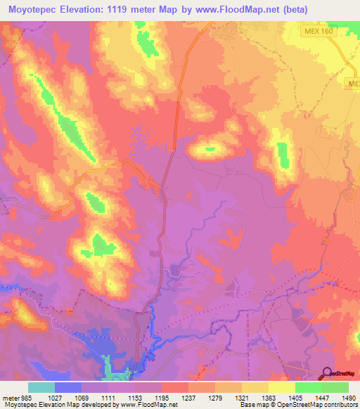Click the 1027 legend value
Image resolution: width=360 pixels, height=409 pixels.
pos(54,398)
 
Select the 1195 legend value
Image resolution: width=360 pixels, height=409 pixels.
pos(161,398)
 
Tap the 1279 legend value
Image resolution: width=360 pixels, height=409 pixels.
pos(214,398)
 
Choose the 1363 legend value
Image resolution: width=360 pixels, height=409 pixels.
pos(268,398)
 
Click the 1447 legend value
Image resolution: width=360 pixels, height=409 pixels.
pos(321,398)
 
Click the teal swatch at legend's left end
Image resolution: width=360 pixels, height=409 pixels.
pos(41,387)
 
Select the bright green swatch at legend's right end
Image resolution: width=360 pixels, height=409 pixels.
pos(335,387)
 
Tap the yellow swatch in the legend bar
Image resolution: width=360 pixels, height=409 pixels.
pos(281,387)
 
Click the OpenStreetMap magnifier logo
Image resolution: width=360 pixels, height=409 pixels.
pos(326,373)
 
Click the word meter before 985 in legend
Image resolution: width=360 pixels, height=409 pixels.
pos(10,398)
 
